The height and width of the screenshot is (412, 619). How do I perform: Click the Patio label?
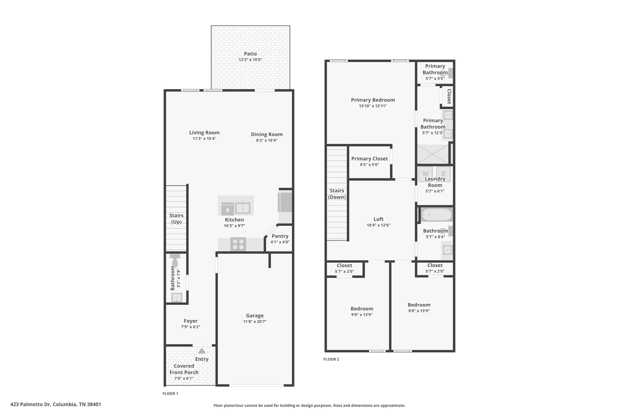click(250, 54)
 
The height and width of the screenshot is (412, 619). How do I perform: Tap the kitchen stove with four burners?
click(238, 244)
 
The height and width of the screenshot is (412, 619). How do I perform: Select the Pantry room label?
click(280, 236)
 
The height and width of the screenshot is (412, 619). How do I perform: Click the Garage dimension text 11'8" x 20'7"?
click(254, 321)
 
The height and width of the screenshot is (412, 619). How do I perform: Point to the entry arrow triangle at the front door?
click(202, 351)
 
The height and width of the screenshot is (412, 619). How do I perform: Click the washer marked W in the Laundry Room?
click(425, 174)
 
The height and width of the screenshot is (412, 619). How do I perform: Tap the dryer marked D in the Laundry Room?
click(443, 174)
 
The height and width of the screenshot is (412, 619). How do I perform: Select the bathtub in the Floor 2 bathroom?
click(436, 215)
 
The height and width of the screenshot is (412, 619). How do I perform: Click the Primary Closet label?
click(369, 158)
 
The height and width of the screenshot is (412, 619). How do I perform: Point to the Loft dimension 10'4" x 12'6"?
click(378, 225)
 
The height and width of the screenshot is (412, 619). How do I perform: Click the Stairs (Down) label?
click(337, 194)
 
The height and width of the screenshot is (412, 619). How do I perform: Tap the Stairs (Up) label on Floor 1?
click(176, 219)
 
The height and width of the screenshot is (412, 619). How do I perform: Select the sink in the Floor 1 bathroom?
click(177, 298)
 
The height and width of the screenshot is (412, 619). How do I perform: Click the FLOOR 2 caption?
click(331, 359)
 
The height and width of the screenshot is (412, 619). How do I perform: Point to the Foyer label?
click(190, 321)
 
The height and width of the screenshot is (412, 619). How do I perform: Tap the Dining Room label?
click(267, 134)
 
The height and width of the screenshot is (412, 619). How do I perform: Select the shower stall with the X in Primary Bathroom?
click(433, 154)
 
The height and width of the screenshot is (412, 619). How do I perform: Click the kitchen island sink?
click(242, 208)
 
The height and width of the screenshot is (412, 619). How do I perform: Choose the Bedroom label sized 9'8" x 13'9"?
click(419, 305)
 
